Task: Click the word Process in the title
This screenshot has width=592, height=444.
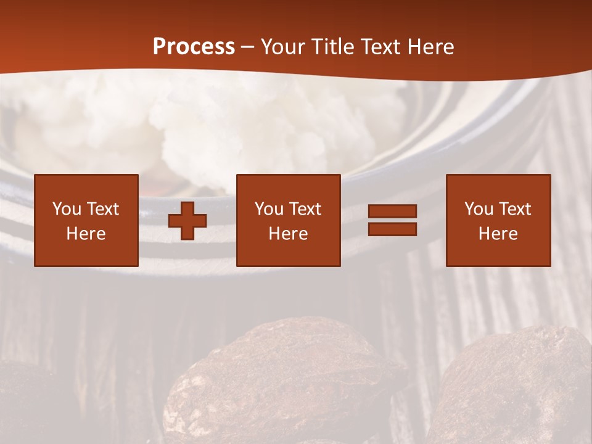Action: coord(194,46)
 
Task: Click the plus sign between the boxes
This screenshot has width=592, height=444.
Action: coord(187,220)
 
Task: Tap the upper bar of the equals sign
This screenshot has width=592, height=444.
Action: coord(392,212)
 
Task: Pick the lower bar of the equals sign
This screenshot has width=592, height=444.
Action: coord(392,229)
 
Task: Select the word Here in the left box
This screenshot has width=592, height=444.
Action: coord(86,234)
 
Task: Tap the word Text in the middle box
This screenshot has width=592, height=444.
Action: coord(305,209)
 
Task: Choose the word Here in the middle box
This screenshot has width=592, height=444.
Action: coord(288,234)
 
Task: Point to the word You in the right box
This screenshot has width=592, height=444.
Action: coord(479,209)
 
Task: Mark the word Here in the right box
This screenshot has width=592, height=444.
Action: coord(498,234)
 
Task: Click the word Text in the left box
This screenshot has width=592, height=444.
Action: coord(102,209)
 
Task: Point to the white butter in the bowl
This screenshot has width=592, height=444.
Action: coord(247,123)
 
